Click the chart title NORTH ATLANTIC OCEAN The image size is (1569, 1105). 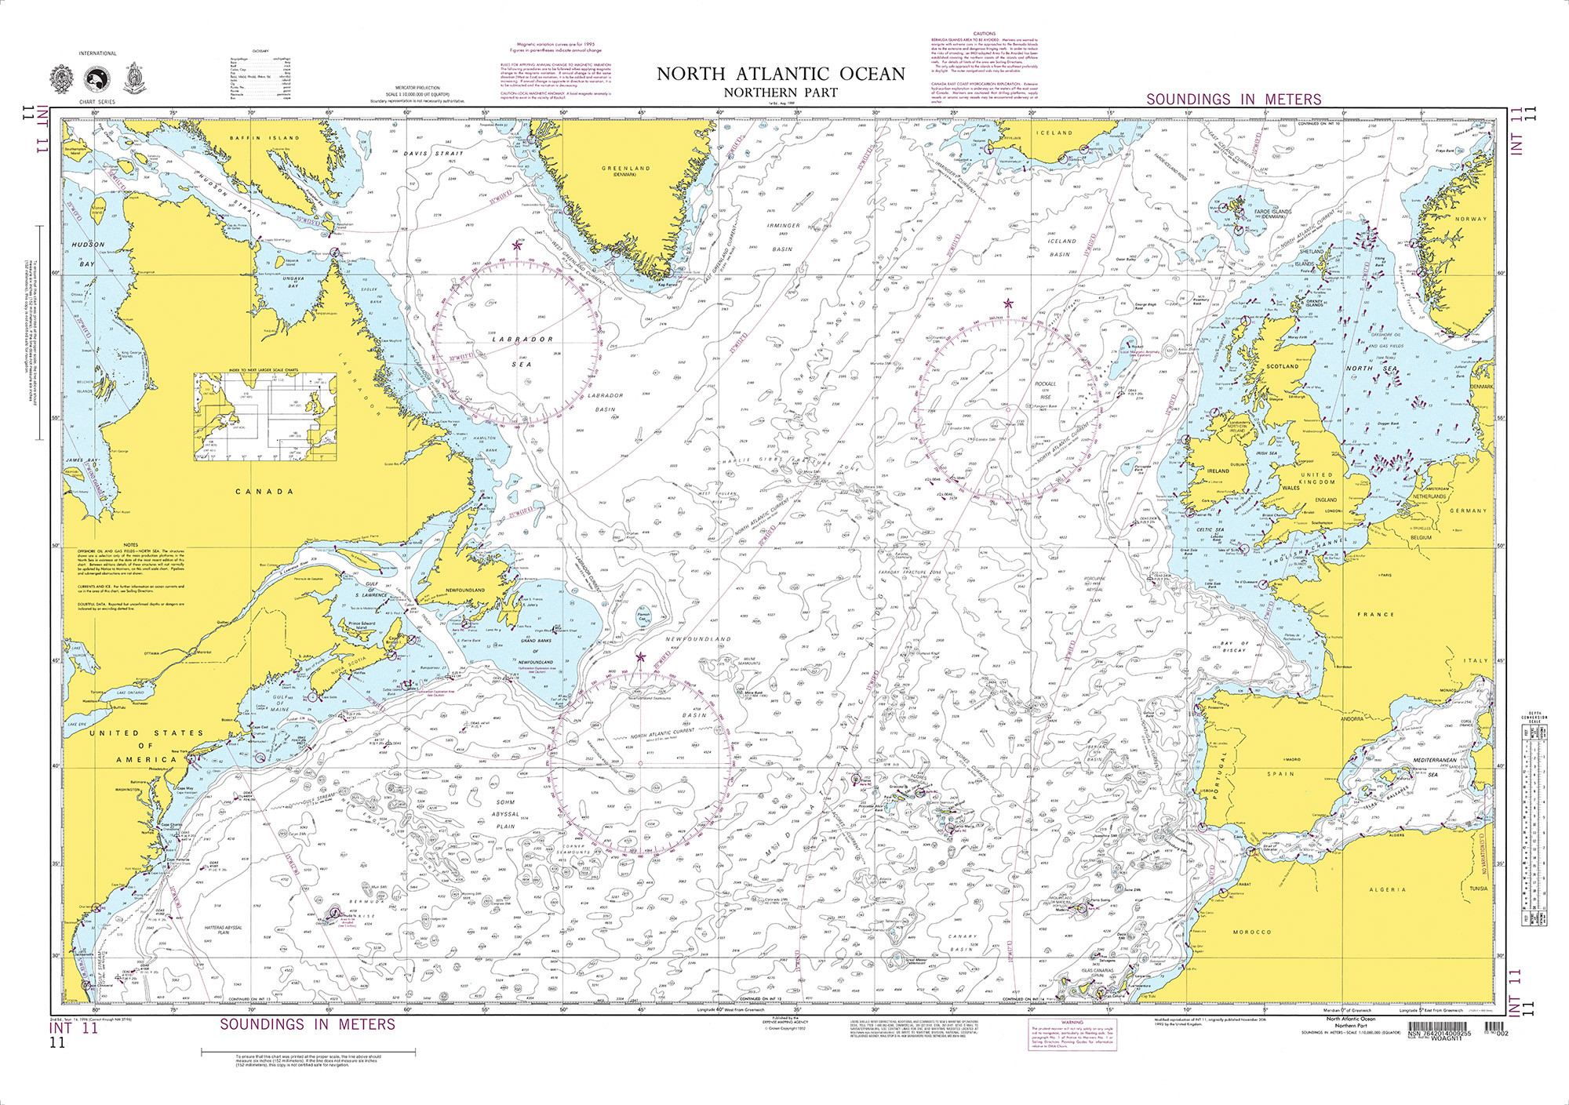point(781,74)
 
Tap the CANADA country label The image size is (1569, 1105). point(264,492)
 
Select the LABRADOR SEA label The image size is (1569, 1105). point(522,351)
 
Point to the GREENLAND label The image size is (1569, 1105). point(625,169)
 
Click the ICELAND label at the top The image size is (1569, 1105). point(1054,133)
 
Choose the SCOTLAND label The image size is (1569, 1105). point(1283,366)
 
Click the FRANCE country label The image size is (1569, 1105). point(1377,615)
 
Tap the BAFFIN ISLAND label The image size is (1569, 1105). point(264,138)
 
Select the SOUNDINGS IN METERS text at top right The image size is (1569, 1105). point(1233,100)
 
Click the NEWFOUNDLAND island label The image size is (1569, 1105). point(465,590)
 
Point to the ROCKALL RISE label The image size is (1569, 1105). point(1046,390)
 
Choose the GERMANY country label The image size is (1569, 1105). point(1468,511)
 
